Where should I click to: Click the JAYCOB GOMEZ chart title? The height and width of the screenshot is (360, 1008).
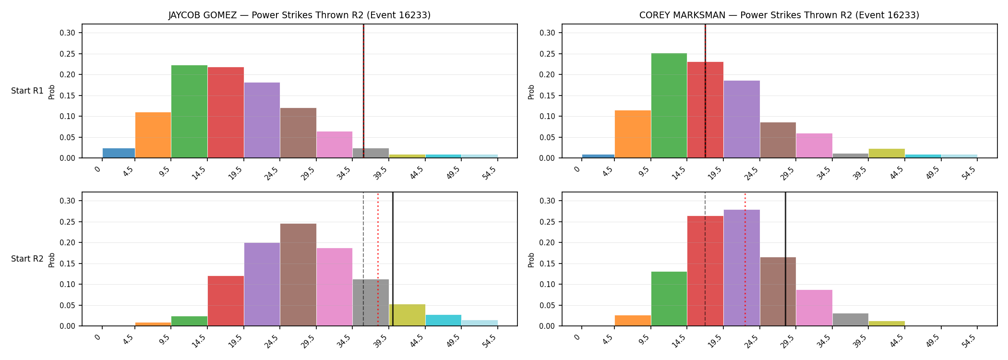pos(300,15)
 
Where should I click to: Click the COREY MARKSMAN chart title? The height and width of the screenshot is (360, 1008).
pos(779,15)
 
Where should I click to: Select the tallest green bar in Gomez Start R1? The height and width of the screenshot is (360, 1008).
pos(189,111)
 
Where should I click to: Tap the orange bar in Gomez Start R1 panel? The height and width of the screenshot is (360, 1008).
pos(153,135)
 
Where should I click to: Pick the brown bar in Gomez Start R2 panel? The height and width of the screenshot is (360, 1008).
pos(298,275)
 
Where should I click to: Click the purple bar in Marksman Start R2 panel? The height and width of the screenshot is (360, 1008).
pos(742,268)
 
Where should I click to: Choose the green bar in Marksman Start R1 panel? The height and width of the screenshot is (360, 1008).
pos(669,106)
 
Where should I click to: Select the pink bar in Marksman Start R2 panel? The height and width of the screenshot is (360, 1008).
pos(814,308)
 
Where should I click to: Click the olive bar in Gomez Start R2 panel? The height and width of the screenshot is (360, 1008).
pos(407,315)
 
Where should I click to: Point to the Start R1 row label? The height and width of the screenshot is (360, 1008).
pos(27,91)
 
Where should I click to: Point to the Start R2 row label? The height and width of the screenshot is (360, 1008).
pos(27,259)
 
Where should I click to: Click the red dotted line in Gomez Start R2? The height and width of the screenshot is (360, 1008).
pos(378,259)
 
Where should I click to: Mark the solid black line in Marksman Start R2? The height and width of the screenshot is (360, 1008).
pos(785,259)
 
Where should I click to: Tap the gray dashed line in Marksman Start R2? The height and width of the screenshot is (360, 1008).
pos(705,259)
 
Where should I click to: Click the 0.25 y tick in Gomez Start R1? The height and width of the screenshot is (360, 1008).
pos(67,54)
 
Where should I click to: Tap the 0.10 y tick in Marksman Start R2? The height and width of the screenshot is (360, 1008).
pos(547,284)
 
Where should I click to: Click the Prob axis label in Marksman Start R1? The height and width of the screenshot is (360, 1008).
pos(531,92)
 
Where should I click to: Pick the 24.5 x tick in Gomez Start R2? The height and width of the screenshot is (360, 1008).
pos(272,344)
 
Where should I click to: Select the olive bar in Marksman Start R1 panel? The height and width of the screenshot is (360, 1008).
pos(887,153)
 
